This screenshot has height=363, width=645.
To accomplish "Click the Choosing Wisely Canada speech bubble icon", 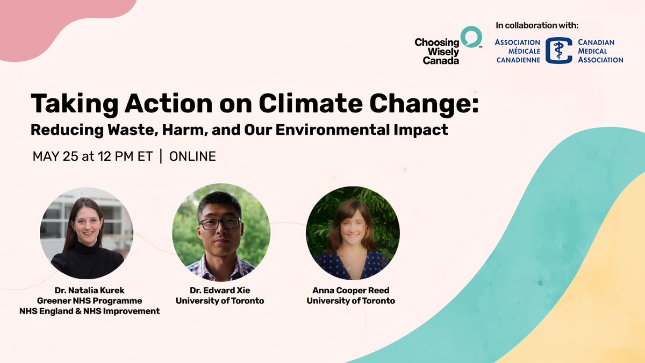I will click(x=471, y=37).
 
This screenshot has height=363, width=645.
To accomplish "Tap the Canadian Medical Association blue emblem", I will click(x=558, y=51).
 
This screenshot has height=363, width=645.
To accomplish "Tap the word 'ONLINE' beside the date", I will click(x=192, y=156).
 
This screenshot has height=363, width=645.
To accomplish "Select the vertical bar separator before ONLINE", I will click(x=161, y=156).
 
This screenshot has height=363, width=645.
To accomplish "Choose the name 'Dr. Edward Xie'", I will click(x=219, y=290).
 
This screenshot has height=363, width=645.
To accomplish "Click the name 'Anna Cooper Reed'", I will click(x=350, y=290).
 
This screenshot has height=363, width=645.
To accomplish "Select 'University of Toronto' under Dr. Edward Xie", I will click(x=219, y=301).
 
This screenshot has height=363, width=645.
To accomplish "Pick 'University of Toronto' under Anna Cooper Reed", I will click(x=350, y=301).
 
